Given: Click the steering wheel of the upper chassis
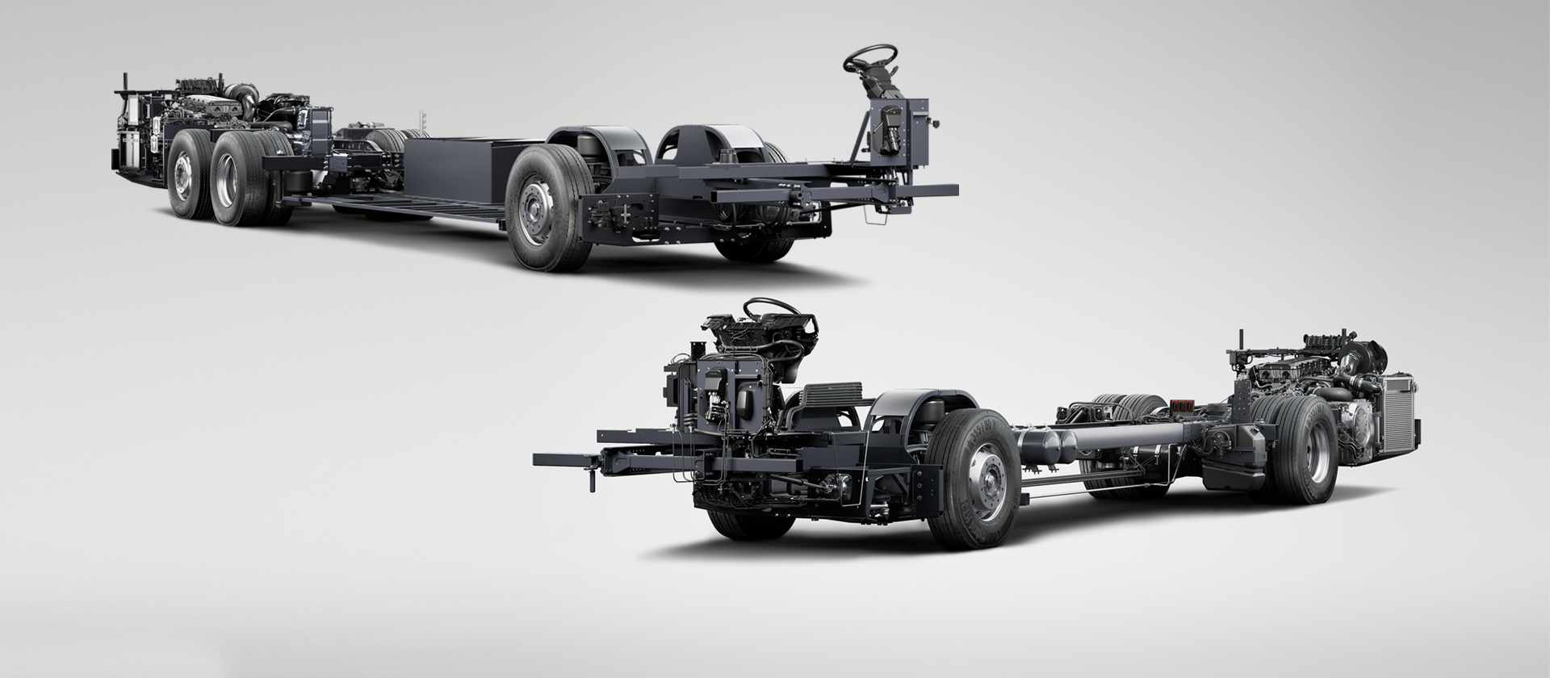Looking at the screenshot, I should point(870,58).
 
